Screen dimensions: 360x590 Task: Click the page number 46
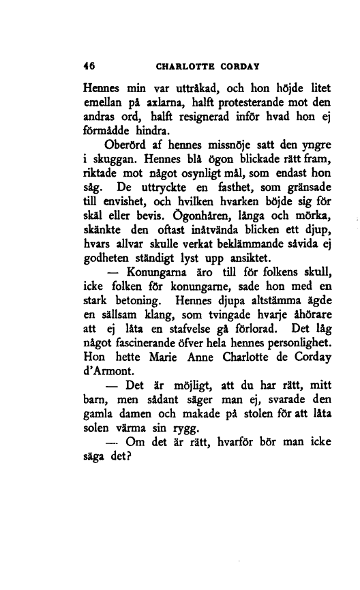click(88, 67)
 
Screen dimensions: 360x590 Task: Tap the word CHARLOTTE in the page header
click(183, 67)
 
